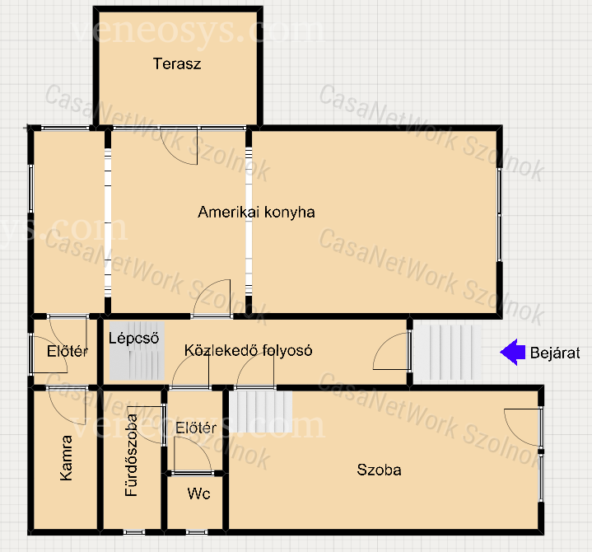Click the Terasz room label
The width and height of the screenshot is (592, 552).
pyautogui.click(x=177, y=63)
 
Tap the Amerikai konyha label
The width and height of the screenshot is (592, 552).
pyautogui.click(x=256, y=212)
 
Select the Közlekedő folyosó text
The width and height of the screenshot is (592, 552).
pyautogui.click(x=248, y=350)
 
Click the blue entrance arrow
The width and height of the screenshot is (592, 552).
pyautogui.click(x=512, y=352)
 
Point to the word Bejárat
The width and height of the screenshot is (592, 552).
pyautogui.click(x=555, y=353)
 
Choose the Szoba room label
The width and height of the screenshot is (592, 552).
pyautogui.click(x=379, y=470)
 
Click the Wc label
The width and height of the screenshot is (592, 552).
pyautogui.click(x=198, y=494)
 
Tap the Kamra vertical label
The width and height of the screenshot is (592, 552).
pyautogui.click(x=66, y=458)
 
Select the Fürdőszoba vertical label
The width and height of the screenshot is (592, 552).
pyautogui.click(x=131, y=456)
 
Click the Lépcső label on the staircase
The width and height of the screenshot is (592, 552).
pyautogui.click(x=133, y=338)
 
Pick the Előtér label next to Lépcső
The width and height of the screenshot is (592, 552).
pyautogui.click(x=68, y=351)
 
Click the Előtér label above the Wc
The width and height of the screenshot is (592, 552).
pyautogui.click(x=196, y=428)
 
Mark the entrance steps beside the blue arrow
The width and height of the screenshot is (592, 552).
pyautogui.click(x=448, y=352)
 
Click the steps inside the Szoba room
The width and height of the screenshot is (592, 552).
pyautogui.click(x=261, y=411)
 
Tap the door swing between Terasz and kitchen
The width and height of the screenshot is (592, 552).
pyautogui.click(x=179, y=146)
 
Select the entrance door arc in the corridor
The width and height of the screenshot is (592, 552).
pyautogui.click(x=390, y=351)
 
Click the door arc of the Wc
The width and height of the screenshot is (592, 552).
pyautogui.click(x=193, y=453)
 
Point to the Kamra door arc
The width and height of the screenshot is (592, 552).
pyautogui.click(x=68, y=406)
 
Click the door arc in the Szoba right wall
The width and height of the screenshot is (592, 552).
pyautogui.click(x=521, y=428)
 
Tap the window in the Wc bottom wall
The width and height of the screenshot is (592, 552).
pyautogui.click(x=197, y=532)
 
